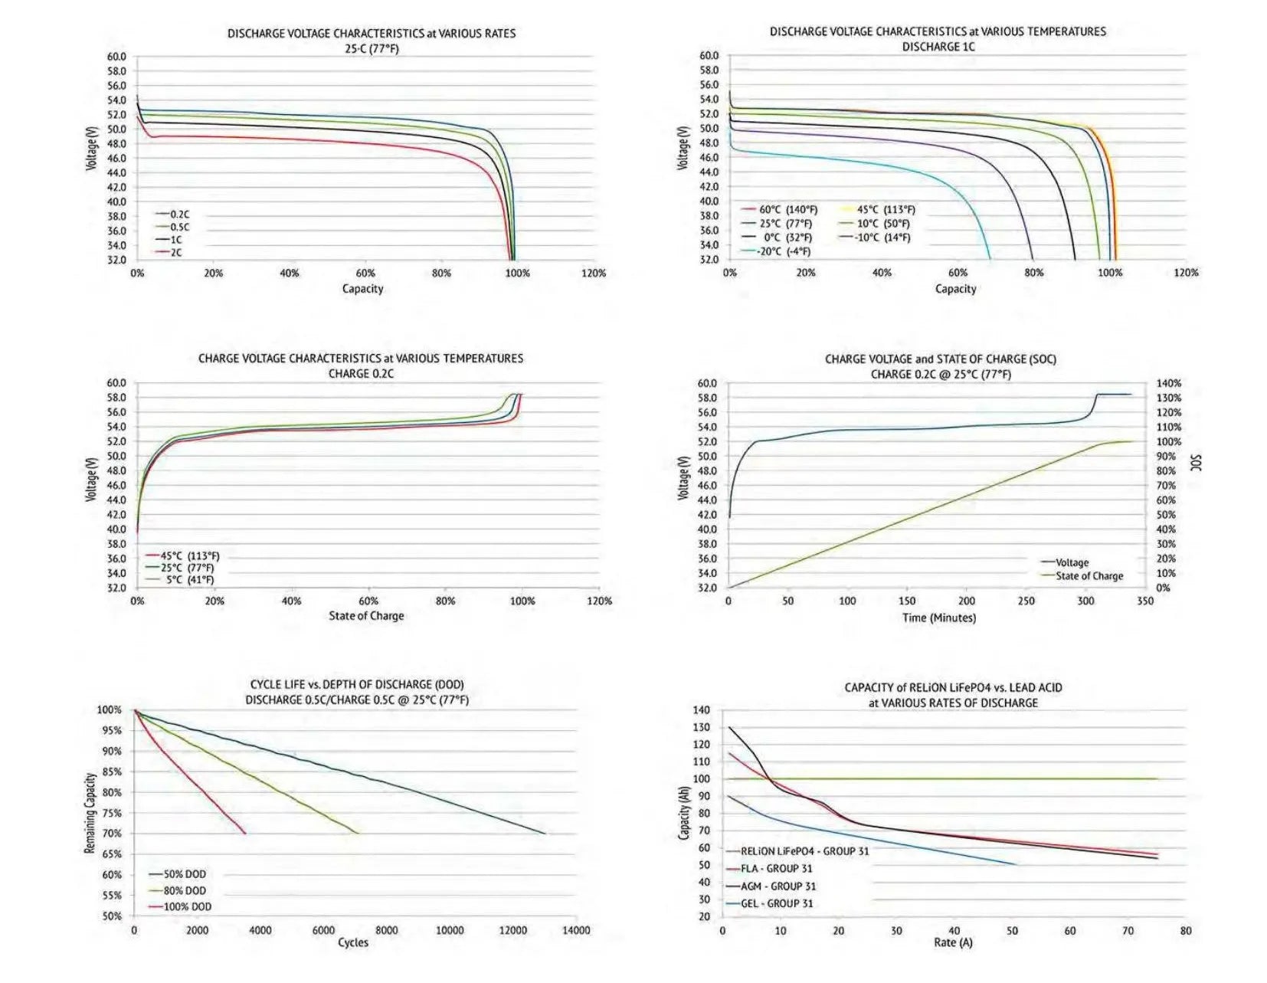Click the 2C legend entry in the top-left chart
(x=175, y=252)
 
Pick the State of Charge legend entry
(x=1089, y=576)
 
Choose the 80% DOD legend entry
(x=184, y=890)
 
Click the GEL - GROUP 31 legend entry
(x=776, y=903)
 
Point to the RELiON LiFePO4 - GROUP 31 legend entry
(x=804, y=851)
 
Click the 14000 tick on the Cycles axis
(x=576, y=930)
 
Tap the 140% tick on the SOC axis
(x=1168, y=383)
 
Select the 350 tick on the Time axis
(x=1144, y=601)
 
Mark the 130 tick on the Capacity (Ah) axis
(x=702, y=728)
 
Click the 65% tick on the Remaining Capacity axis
(x=111, y=854)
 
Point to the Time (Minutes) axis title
(x=938, y=618)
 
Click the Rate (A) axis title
(x=953, y=942)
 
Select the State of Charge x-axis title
(x=366, y=616)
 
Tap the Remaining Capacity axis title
(x=90, y=813)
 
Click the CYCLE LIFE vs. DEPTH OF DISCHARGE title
(x=357, y=684)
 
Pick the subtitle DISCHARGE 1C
(x=938, y=47)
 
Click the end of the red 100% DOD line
(x=245, y=833)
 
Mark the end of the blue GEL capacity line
(x=1017, y=864)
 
